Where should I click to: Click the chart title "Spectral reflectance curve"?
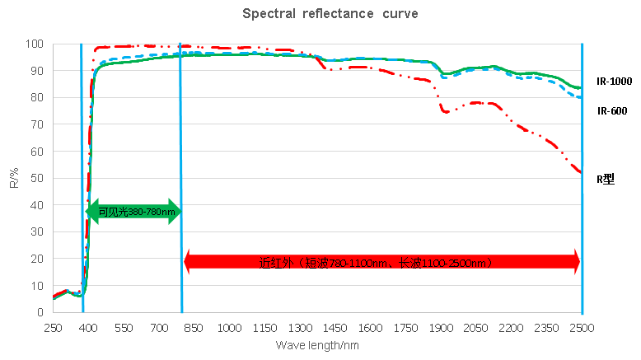(319, 14)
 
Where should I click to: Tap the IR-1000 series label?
(613, 82)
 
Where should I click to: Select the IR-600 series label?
(612, 111)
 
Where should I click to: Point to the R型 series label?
(606, 177)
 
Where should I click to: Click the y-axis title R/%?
(14, 178)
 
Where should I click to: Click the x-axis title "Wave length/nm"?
(317, 345)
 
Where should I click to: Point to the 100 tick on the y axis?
(35, 44)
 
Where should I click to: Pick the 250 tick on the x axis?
(54, 327)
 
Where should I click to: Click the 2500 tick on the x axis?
(582, 327)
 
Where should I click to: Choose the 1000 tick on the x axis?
(230, 327)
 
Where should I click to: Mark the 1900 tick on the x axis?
(441, 327)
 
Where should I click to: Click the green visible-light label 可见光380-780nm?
(136, 212)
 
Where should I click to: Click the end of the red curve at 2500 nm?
(580, 172)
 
